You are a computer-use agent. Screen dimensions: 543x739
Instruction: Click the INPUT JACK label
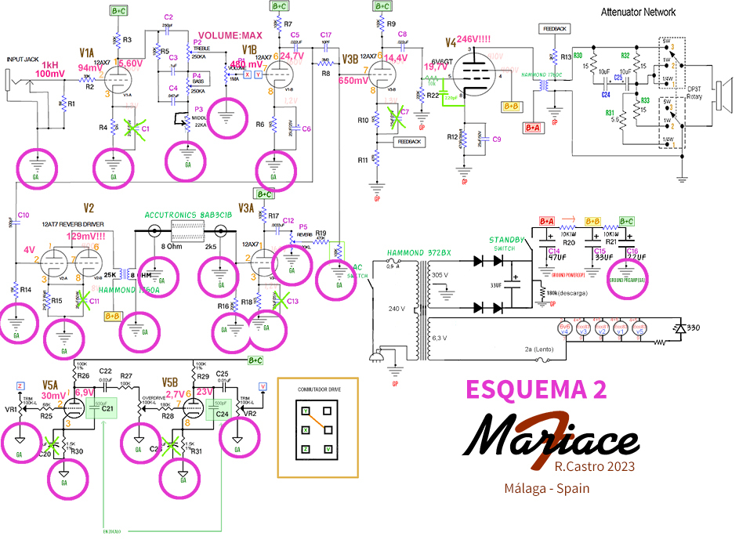pos(24,59)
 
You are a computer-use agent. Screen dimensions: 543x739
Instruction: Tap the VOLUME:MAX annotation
pos(230,36)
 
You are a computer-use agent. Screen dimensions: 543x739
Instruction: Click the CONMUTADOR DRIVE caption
pos(317,389)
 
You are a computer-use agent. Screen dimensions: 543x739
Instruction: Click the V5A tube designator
pos(51,385)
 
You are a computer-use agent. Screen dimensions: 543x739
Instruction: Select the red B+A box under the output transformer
pos(533,127)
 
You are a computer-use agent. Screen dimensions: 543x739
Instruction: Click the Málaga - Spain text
pos(546,488)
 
